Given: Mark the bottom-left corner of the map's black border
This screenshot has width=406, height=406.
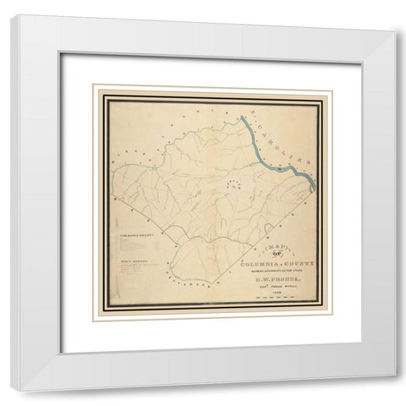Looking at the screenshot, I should tap(103, 320).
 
